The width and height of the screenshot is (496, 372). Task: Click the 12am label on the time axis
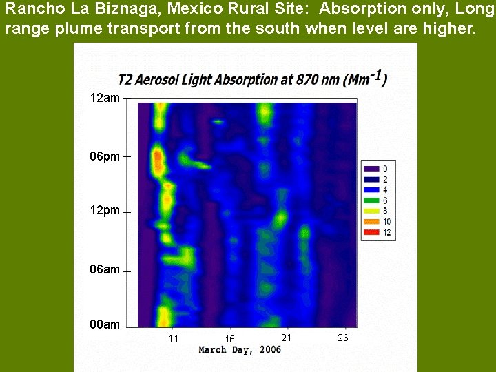[x=105, y=98]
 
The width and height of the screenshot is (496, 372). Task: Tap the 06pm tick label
[x=105, y=156]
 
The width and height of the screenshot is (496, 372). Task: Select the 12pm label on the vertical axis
[x=105, y=210]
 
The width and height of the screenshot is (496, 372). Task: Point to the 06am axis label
[x=105, y=269]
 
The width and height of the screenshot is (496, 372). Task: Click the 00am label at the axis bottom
[x=105, y=324]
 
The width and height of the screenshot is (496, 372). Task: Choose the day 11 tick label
[x=174, y=338]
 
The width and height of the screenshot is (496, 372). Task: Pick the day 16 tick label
[x=230, y=339]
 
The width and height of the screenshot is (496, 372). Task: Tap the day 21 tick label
[x=287, y=337]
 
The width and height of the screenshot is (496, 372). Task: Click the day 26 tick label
[x=343, y=338]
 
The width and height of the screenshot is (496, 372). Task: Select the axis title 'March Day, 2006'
[x=240, y=350]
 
